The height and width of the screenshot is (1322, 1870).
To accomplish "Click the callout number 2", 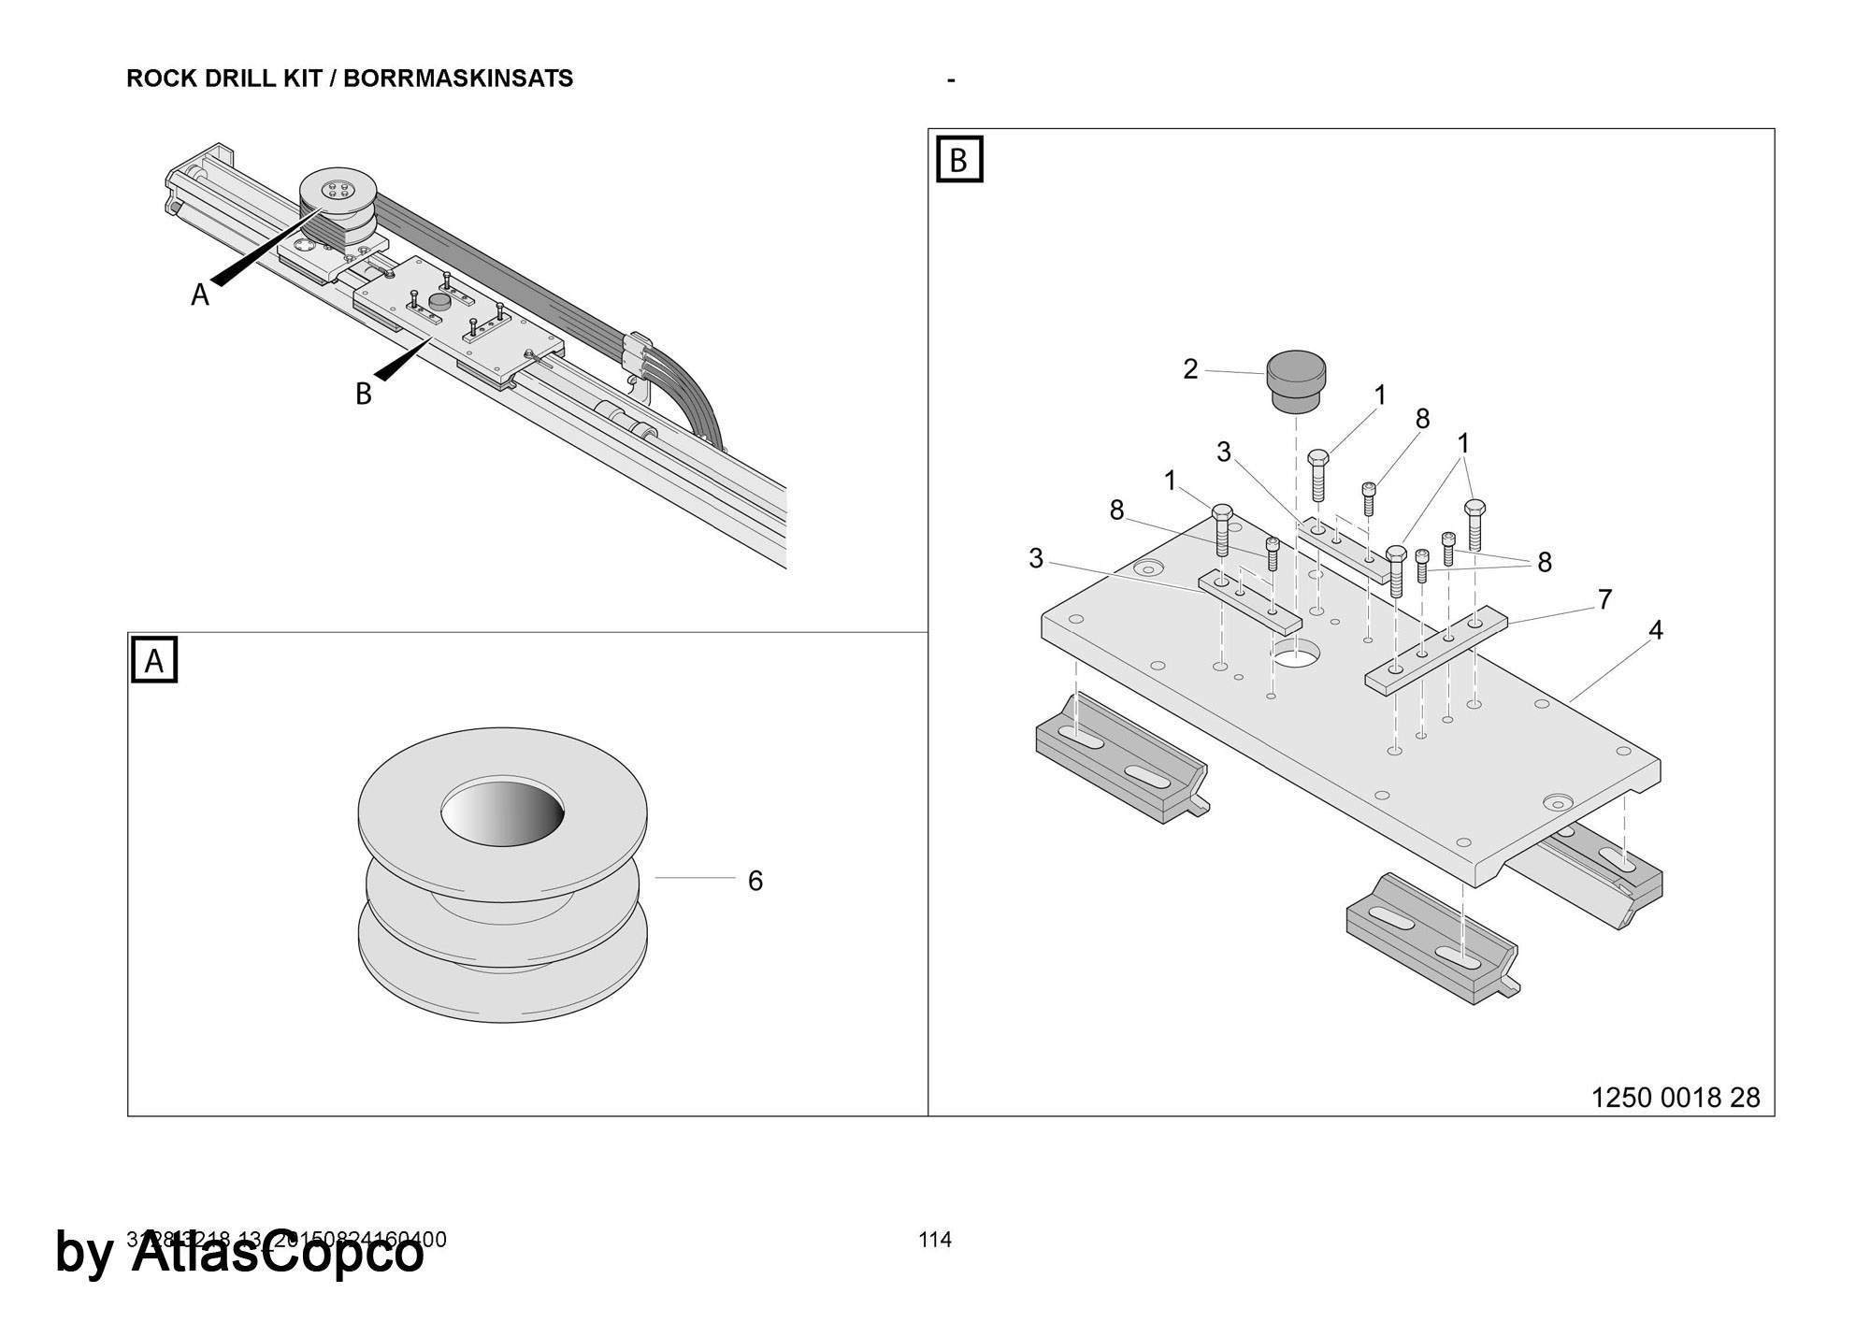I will [1189, 369].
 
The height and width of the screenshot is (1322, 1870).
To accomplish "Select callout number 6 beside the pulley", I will [755, 881].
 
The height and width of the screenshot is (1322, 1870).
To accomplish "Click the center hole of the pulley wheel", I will [503, 811].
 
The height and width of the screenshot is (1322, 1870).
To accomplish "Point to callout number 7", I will [1604, 599].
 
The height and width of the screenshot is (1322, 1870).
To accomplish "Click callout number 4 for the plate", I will [1655, 631].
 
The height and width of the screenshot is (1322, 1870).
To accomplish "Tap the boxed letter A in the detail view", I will [154, 660].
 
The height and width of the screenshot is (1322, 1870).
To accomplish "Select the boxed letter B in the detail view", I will [958, 160].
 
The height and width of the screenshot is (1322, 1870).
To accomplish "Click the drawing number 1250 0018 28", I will [1676, 1098].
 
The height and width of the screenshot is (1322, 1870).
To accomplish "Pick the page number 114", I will [935, 1240].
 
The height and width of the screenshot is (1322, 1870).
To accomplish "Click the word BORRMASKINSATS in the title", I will [458, 79].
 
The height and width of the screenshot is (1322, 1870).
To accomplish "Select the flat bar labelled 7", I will [1435, 649].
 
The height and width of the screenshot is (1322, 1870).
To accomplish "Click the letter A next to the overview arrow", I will [200, 295].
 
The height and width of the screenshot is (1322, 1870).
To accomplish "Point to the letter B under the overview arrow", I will [364, 395].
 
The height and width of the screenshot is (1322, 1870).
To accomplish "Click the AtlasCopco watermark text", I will [278, 1253].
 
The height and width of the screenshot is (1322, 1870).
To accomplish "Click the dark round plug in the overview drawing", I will [439, 301].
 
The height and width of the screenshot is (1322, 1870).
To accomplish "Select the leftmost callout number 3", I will [1036, 558].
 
